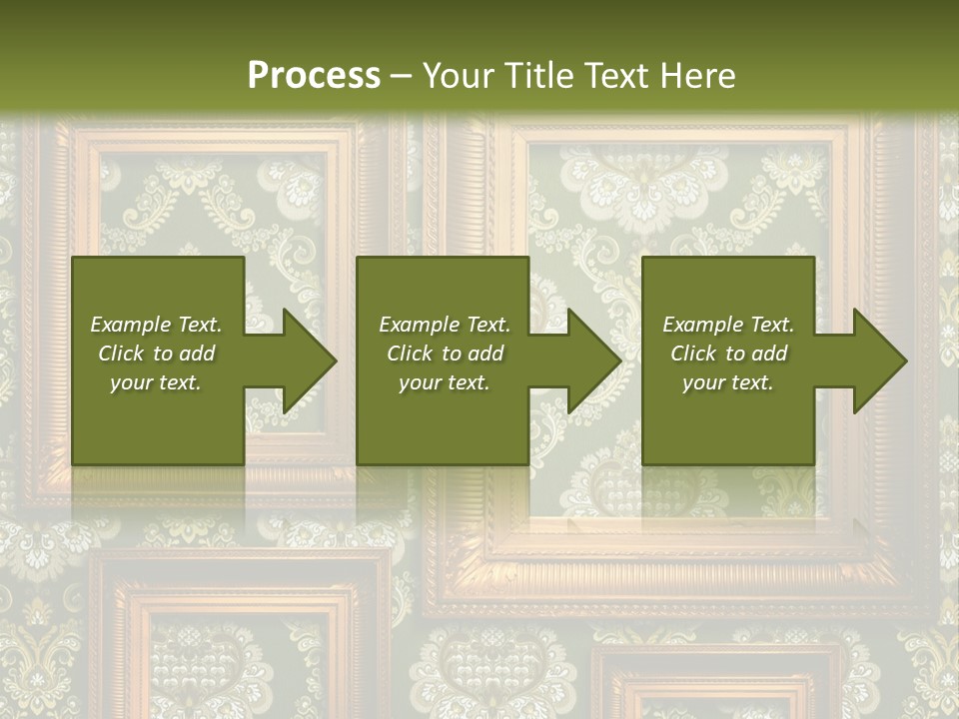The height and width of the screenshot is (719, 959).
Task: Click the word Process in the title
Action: click(x=314, y=76)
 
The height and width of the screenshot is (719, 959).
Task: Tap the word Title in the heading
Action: click(x=537, y=76)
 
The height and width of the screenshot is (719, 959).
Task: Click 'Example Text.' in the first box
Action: click(x=156, y=325)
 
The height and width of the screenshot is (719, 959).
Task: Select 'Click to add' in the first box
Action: click(x=156, y=354)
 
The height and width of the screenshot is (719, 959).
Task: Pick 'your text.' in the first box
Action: click(x=156, y=382)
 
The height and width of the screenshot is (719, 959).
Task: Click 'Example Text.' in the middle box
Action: click(x=445, y=325)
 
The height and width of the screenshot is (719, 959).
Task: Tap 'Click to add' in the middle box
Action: click(x=445, y=354)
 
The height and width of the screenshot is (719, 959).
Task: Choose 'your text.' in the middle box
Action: click(x=445, y=382)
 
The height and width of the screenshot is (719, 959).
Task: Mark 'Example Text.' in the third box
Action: click(x=728, y=325)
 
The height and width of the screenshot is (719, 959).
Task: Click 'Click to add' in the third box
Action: click(x=728, y=354)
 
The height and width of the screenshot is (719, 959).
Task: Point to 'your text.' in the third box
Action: click(x=728, y=382)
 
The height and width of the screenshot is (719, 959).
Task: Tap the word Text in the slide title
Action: click(x=615, y=76)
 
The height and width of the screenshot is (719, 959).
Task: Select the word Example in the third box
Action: click(x=702, y=325)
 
